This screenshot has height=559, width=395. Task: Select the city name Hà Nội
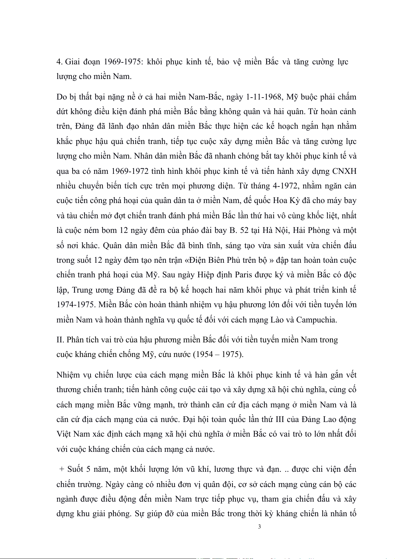274,230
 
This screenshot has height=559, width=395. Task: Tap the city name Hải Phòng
311,230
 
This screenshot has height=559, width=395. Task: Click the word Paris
244,275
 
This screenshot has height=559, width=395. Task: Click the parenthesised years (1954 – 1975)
218,354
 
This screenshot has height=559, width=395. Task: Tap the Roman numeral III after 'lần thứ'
280,419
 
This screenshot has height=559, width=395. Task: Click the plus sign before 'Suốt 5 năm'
62,469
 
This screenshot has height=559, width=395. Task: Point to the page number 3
259,526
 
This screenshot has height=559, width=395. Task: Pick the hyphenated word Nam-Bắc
205,97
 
